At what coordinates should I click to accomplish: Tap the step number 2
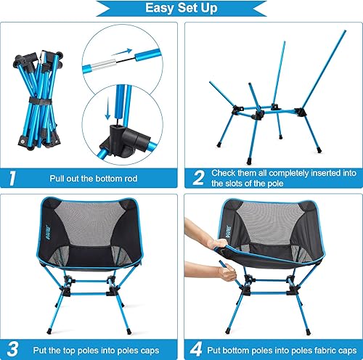[x=197, y=176]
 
